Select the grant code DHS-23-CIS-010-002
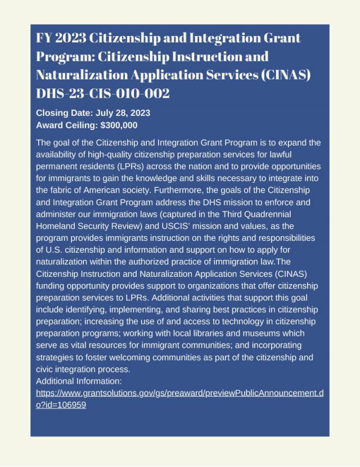point(103,93)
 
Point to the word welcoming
point(136,357)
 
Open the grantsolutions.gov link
point(179,393)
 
